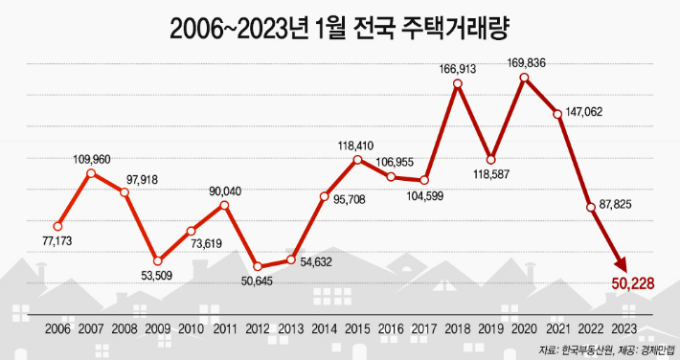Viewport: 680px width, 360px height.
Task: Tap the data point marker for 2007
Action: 91,173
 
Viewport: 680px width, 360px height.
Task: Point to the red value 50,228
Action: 634,282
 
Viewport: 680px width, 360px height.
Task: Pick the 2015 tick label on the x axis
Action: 356,328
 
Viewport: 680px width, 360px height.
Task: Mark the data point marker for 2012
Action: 258,266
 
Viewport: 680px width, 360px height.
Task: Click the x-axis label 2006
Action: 57,328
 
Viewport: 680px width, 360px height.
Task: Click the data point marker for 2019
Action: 490,159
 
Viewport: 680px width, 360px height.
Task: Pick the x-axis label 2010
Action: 191,328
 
